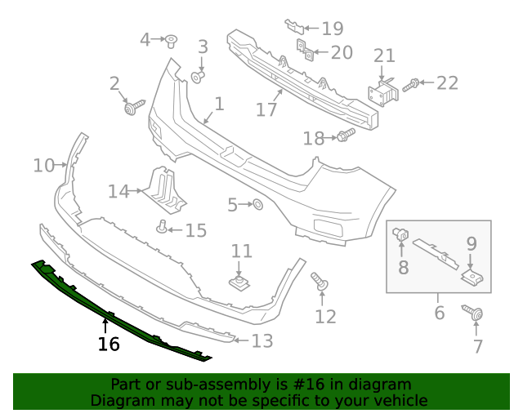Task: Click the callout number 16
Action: (109, 345)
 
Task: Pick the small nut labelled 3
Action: (198, 77)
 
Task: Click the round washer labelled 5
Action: (256, 205)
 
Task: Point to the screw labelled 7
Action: (474, 313)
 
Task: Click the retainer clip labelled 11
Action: (239, 283)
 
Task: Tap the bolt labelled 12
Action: (320, 283)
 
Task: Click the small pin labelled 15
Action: (163, 226)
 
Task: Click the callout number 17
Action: (266, 109)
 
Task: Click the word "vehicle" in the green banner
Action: (398, 401)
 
